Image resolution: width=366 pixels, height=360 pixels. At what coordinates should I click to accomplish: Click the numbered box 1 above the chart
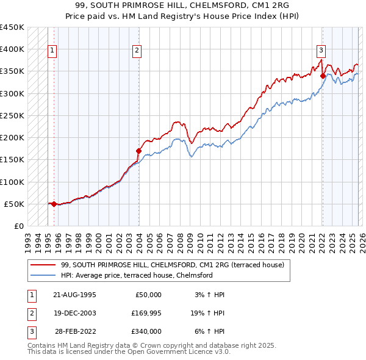tap(53, 51)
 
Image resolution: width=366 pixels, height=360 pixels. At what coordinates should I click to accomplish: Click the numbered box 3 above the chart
tap(321, 51)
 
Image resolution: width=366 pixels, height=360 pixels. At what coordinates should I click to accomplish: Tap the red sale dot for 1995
tap(54, 204)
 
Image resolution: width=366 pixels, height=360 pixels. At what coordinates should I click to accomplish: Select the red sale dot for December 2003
tap(138, 151)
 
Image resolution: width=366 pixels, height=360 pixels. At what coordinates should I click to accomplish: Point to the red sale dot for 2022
tap(323, 76)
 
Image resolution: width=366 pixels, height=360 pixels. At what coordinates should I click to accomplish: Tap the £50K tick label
tap(14, 204)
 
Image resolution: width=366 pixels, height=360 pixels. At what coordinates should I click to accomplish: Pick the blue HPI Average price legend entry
tap(136, 275)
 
